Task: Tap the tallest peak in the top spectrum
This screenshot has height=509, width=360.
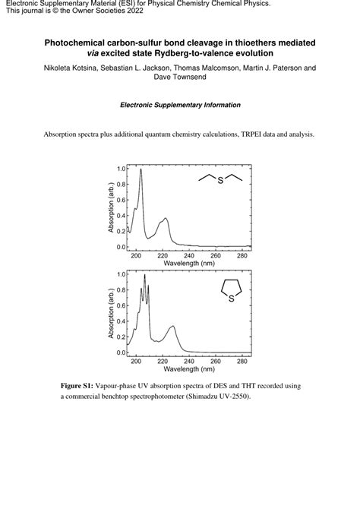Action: [x=141, y=170]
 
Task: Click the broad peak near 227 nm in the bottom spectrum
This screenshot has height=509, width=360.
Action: [x=172, y=327]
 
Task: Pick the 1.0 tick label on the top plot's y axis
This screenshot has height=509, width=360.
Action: [x=121, y=169]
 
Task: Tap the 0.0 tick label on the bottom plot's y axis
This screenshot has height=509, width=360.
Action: [x=121, y=353]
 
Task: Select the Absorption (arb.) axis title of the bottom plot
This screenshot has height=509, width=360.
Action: [x=110, y=313]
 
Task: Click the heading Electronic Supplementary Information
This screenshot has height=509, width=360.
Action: [x=180, y=105]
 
